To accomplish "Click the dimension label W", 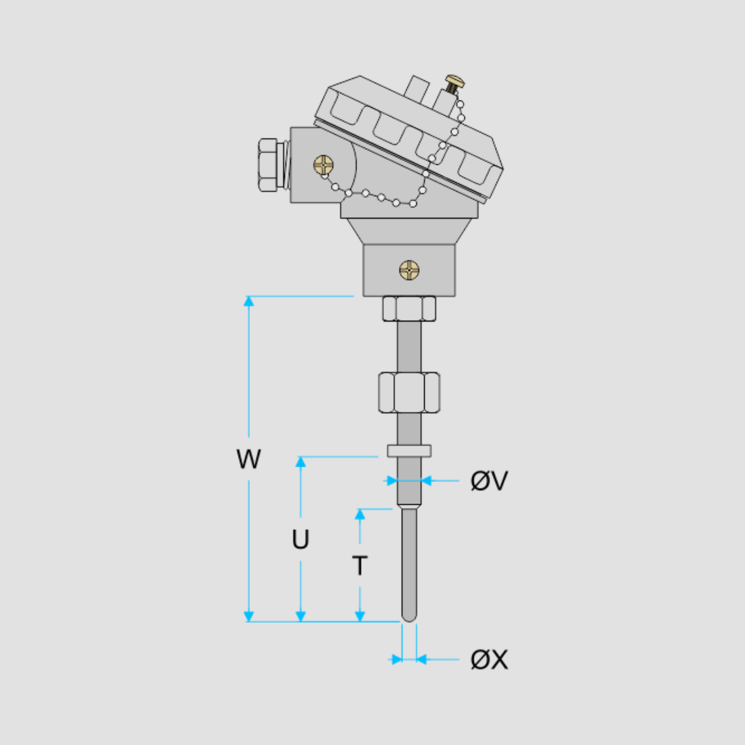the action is point(248,458).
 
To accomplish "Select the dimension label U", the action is point(300,539).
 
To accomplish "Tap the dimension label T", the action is point(360,566).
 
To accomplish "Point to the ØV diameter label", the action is point(489,481).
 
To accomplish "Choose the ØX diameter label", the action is point(489,660).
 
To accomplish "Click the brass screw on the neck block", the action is point(409,270).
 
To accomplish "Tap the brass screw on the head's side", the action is point(323,165).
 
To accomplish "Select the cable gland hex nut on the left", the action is point(268,165).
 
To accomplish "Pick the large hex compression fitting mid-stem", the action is point(409,392).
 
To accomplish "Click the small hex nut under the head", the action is point(409,308).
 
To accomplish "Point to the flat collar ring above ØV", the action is point(409,451).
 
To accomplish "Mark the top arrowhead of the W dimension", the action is point(249,301).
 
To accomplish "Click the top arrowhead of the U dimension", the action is point(300,461).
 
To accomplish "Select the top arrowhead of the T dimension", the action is point(360,514).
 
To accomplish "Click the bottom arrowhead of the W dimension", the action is point(249,616).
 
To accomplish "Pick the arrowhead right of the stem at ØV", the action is point(426,481).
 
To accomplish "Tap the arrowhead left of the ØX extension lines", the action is point(396,660).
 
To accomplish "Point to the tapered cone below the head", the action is point(409,231).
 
